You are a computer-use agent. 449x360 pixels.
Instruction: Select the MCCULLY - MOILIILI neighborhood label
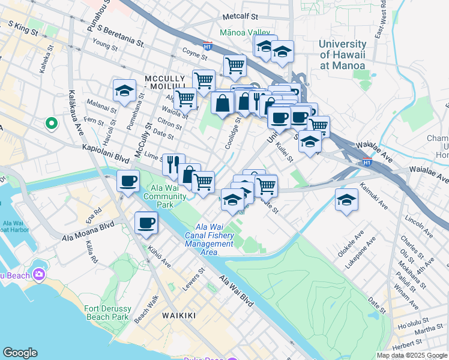click(x=174, y=83)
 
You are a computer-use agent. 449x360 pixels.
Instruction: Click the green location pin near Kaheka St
click(x=52, y=124)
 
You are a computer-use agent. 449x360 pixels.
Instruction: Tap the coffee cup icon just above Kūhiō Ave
click(x=146, y=224)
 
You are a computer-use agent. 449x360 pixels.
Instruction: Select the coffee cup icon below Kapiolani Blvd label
click(x=127, y=181)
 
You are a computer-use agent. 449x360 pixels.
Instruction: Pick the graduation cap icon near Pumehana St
click(x=124, y=91)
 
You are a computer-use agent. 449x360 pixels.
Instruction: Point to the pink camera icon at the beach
click(x=40, y=274)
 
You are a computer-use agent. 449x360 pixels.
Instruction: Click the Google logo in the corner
click(x=20, y=353)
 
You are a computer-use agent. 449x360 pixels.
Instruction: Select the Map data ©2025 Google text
click(x=411, y=355)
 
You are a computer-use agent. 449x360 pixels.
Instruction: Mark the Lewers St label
click(x=198, y=278)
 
